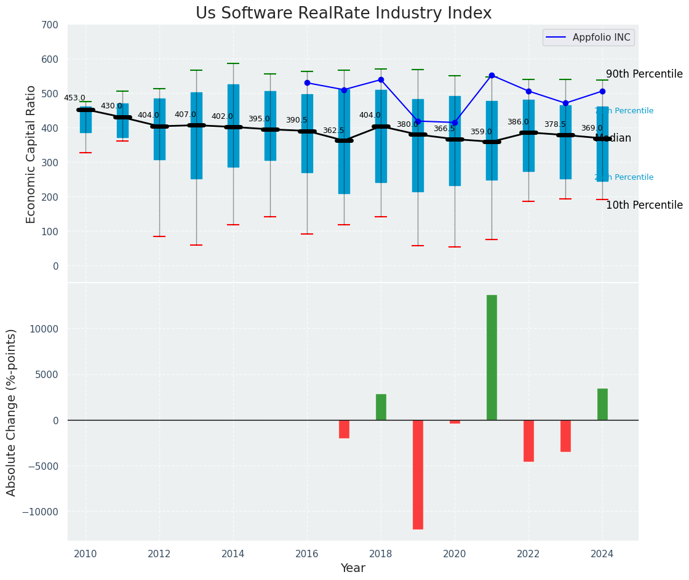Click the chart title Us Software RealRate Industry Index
point(343,14)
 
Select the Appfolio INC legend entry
point(588,38)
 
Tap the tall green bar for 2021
point(492,357)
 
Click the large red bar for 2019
point(418,474)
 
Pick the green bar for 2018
point(381,407)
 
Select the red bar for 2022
point(528,441)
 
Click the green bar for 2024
point(602,405)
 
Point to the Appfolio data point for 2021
point(492,76)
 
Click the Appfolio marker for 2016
point(307,83)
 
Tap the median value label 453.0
point(74,98)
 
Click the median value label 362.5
point(333,131)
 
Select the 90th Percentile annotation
point(644,74)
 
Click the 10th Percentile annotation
point(644,205)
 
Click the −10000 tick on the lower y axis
point(40,512)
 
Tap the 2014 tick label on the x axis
point(233,554)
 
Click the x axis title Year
point(352,568)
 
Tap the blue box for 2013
point(196,135)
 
